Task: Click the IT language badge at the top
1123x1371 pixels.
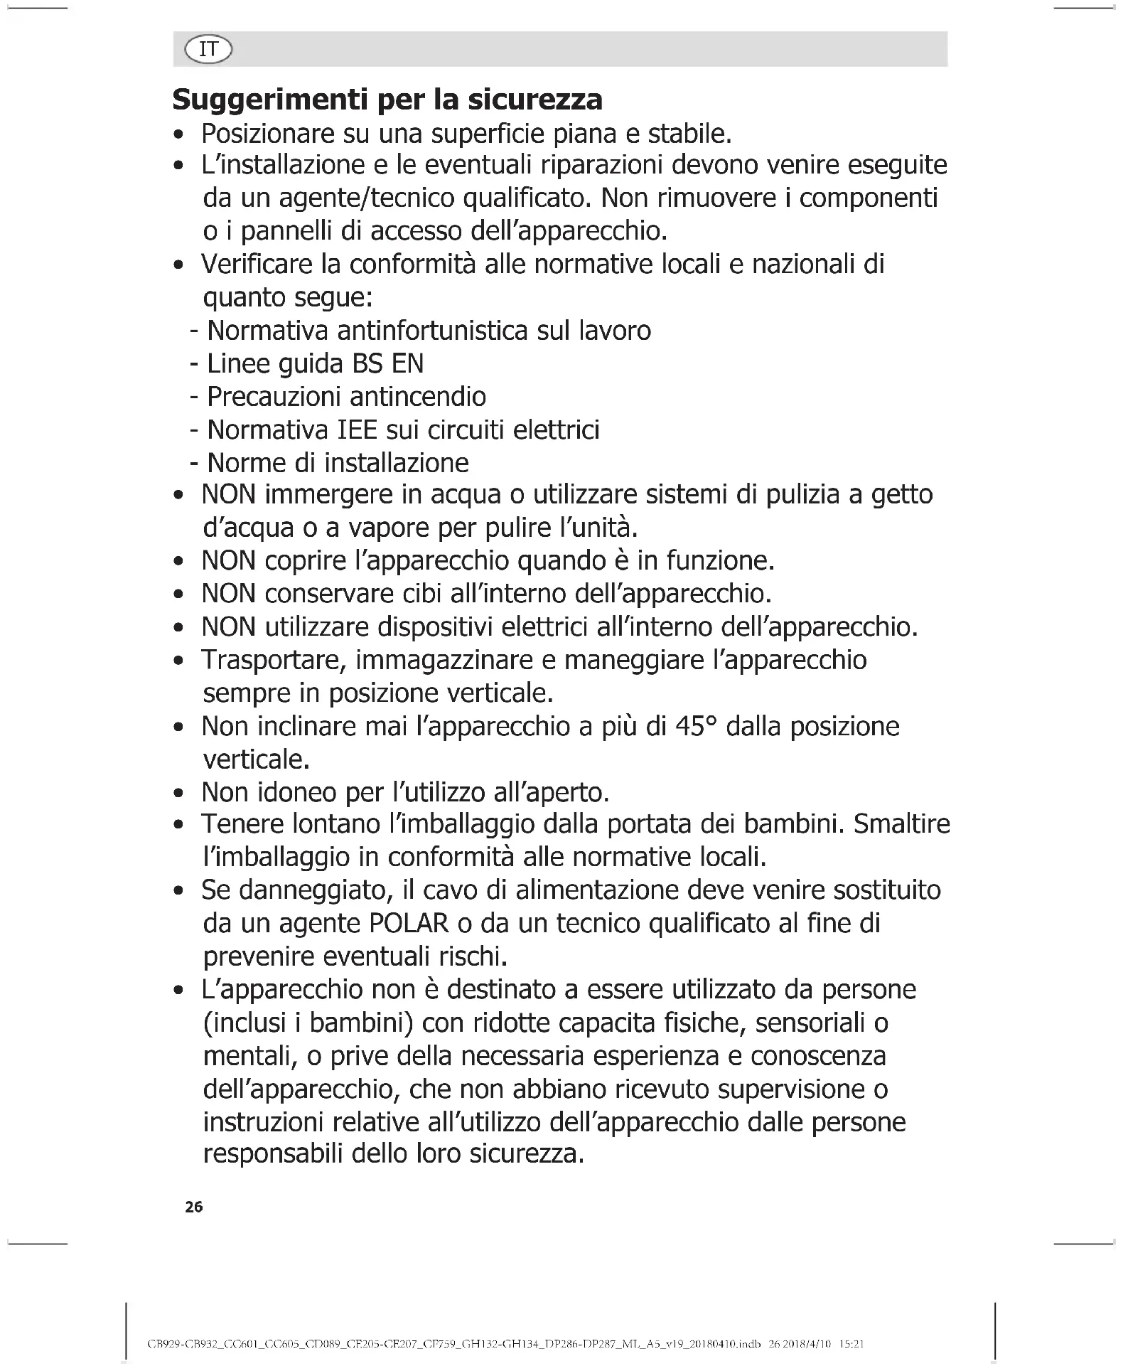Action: tap(208, 50)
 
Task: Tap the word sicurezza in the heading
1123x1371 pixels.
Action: tap(534, 100)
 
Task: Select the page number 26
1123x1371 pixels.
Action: tap(193, 1207)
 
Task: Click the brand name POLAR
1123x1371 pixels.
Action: tap(409, 924)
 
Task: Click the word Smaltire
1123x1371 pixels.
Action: tap(901, 824)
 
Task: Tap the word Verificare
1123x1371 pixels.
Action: tap(257, 265)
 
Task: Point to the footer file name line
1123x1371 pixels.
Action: tap(505, 1344)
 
